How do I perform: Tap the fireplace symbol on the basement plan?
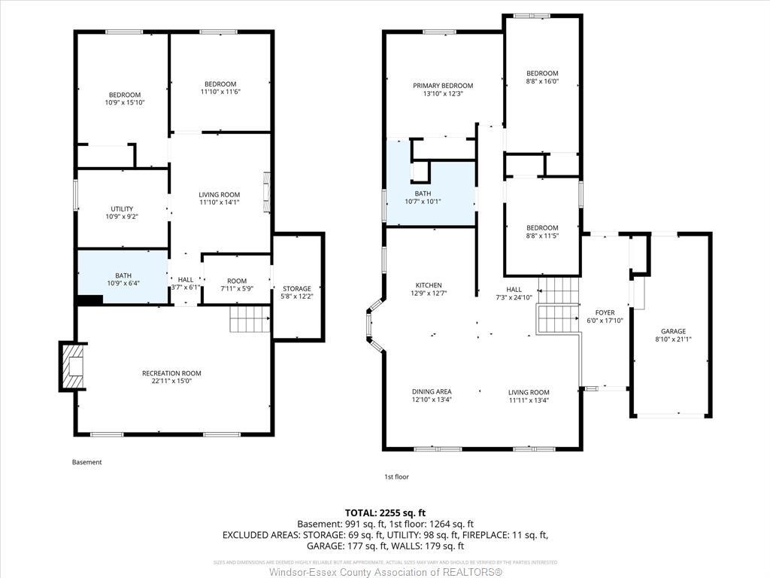pyautogui.click(x=71, y=367)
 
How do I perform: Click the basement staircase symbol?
pyautogui.click(x=250, y=319)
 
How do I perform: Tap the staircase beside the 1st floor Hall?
pyautogui.click(x=558, y=305)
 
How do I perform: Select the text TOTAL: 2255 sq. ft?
pyautogui.click(x=385, y=512)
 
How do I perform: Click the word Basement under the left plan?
pyautogui.click(x=86, y=462)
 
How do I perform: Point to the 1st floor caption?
pyautogui.click(x=396, y=476)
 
